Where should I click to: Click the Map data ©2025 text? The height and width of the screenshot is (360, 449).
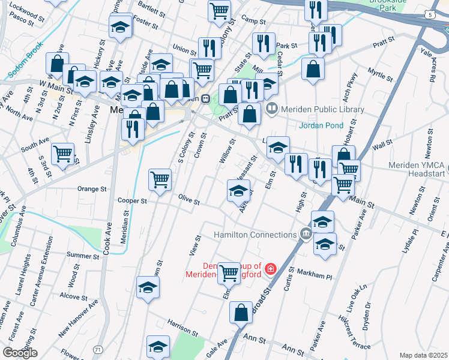click(x=424, y=355)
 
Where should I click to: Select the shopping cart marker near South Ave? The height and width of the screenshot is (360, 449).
click(x=63, y=154)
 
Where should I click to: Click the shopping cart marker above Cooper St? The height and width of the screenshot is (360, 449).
click(x=160, y=179)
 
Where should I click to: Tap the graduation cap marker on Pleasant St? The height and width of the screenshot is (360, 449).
click(x=238, y=190)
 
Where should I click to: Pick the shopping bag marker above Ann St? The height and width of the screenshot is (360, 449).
click(x=241, y=312)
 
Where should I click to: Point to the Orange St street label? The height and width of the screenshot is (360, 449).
click(x=92, y=188)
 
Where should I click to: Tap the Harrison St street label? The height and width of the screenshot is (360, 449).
click(x=183, y=327)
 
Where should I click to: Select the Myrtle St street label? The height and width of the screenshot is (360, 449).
click(x=380, y=73)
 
